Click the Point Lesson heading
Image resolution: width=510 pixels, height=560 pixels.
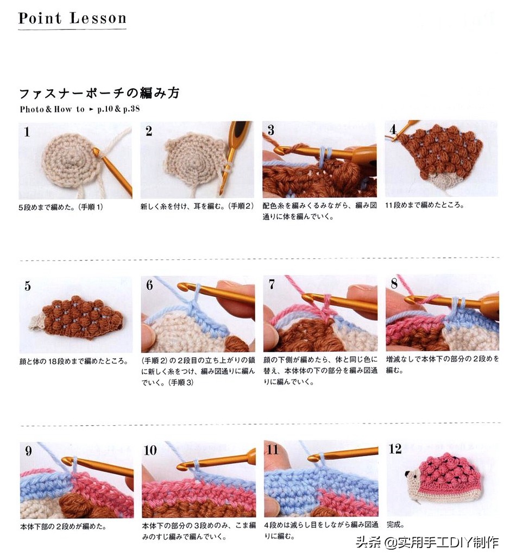pyautogui.click(x=72, y=18)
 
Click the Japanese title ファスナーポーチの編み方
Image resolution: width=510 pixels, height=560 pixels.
pyautogui.click(x=99, y=93)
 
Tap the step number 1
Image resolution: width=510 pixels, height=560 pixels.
pyautogui.click(x=27, y=132)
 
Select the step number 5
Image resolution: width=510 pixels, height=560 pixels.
pyautogui.click(x=27, y=286)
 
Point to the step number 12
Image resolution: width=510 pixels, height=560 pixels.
pyautogui.click(x=395, y=449)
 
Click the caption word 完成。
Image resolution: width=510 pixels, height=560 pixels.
pyautogui.click(x=396, y=525)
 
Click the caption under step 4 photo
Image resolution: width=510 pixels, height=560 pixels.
pyautogui.click(x=424, y=206)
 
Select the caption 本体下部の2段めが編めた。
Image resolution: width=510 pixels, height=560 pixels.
pyautogui.click(x=63, y=526)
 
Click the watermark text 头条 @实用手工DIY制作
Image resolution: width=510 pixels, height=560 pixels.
pyautogui.click(x=427, y=542)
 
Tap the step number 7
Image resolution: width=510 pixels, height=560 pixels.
pyautogui.click(x=272, y=284)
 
